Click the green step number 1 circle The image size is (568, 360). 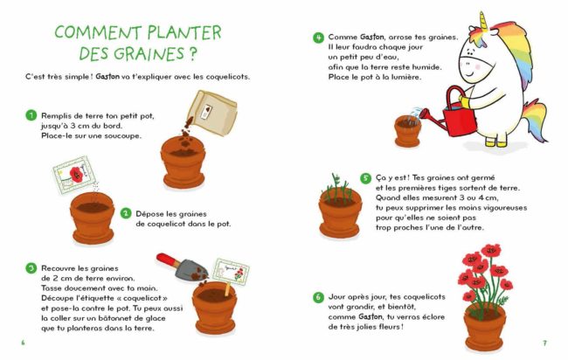pos(31,115)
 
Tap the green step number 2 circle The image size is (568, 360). pos(126,213)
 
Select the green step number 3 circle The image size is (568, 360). pos(31,268)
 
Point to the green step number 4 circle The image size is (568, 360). pos(318,38)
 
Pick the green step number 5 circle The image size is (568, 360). pos(365,178)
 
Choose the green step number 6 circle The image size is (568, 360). pos(318,297)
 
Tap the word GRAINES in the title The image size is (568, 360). pos(149,53)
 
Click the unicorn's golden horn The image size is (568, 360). pos(483,21)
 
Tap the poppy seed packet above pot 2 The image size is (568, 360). pos(73,174)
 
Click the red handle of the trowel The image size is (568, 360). pos(168,260)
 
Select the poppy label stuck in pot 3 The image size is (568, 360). pos(231,271)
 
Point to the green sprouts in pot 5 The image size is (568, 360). pos(337,189)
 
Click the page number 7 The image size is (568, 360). pos(544,343)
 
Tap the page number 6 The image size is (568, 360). pos(24,343)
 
